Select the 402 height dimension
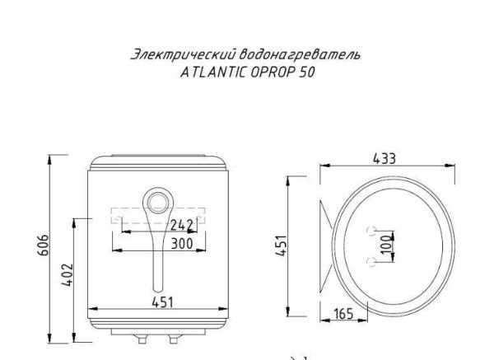[x=68, y=271]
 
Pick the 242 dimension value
[x=180, y=224]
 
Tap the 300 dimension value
[x=180, y=244]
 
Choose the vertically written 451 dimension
[x=279, y=245]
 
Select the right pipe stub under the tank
[x=174, y=339]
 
